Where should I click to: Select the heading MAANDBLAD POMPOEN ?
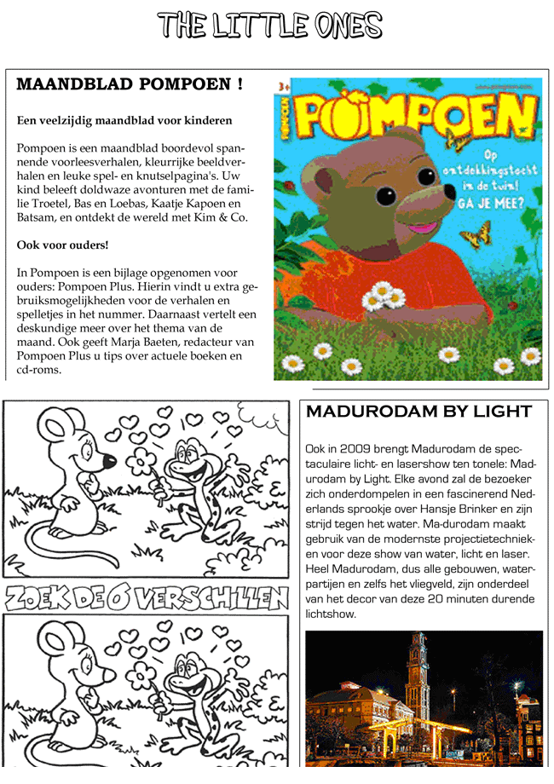coord(130,84)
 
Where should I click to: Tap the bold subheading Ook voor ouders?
coord(63,245)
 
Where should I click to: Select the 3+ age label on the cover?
coord(281,85)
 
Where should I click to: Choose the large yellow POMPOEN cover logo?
coord(413,115)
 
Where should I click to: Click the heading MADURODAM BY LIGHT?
coord(418,412)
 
